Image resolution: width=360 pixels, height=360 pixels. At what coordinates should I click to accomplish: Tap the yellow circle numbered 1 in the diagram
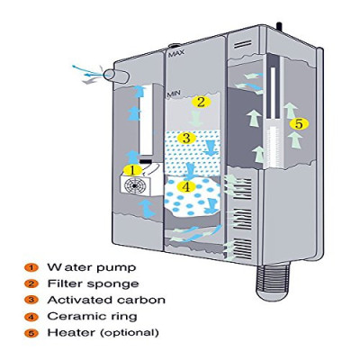[x=130, y=168]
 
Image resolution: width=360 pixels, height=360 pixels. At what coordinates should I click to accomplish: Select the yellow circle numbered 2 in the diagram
[x=201, y=102]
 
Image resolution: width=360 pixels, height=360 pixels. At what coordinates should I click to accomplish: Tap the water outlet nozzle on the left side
[x=115, y=75]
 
